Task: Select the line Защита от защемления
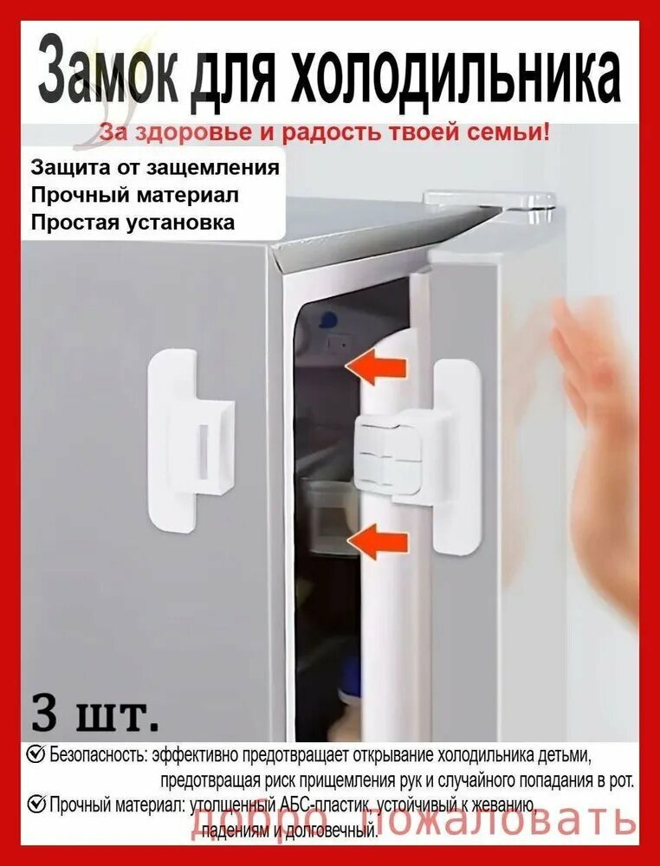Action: (x=155, y=167)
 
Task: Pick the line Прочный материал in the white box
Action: (x=134, y=195)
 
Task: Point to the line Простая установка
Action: (x=133, y=222)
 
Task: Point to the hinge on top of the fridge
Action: (x=490, y=201)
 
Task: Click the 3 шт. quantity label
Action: (x=95, y=715)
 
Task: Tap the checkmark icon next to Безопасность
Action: (x=36, y=753)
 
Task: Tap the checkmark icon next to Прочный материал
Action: (x=36, y=805)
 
